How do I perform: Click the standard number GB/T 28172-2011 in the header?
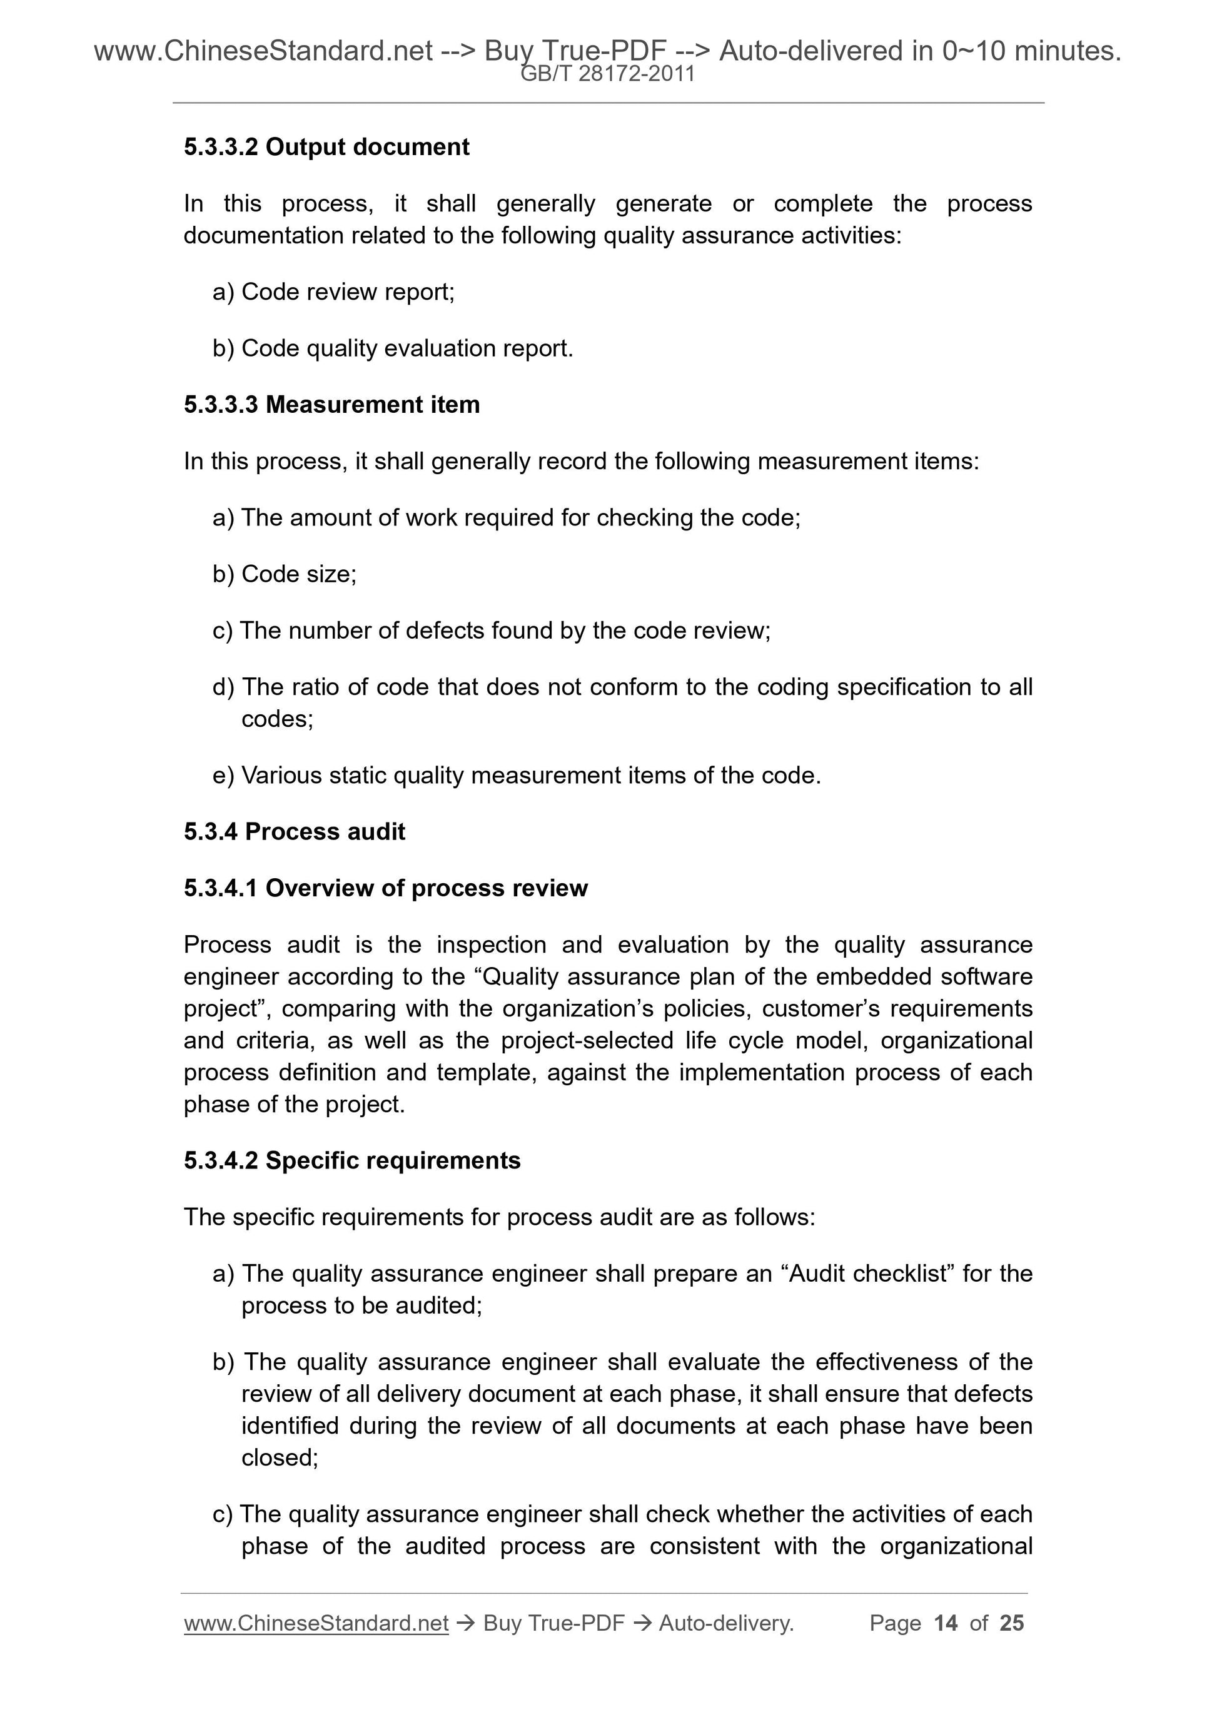pyautogui.click(x=607, y=74)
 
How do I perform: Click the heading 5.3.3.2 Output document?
pyautogui.click(x=326, y=147)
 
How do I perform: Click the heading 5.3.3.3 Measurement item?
pyautogui.click(x=331, y=405)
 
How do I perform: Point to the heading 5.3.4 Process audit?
pyautogui.click(x=294, y=832)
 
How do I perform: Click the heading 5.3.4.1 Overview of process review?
pyautogui.click(x=385, y=888)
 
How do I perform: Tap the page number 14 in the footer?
pyautogui.click(x=946, y=1623)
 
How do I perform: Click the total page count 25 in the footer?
pyautogui.click(x=1011, y=1623)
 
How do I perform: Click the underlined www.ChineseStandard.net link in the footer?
pyautogui.click(x=316, y=1623)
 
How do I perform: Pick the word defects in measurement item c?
pyautogui.click(x=445, y=630)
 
